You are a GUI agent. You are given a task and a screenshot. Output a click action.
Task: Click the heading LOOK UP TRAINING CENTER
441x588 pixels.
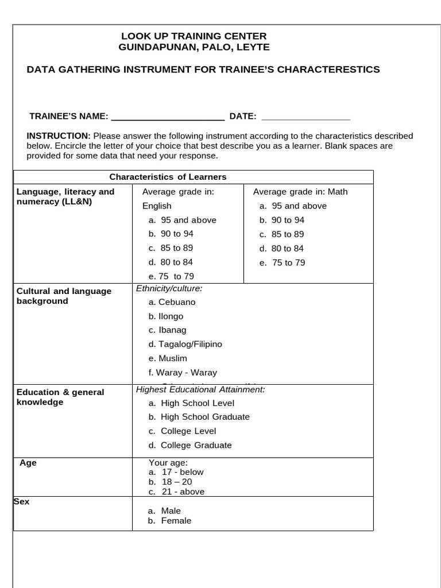pos(194,36)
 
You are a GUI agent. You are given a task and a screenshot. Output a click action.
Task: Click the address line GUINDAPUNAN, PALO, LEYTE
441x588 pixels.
pos(194,47)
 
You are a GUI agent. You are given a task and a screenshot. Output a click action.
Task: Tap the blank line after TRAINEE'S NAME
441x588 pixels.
pos(167,117)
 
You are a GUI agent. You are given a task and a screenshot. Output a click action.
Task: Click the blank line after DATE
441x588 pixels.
pos(305,117)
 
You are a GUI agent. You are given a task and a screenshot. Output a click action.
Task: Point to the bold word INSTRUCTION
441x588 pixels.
pos(59,136)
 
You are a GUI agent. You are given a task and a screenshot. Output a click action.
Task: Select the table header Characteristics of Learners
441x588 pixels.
pos(168,177)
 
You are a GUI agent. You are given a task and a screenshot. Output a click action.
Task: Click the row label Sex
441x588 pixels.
pos(22,502)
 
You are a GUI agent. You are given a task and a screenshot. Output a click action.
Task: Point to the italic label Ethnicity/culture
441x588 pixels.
pos(169,288)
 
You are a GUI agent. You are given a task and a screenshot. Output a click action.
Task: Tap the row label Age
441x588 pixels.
pos(28,463)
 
